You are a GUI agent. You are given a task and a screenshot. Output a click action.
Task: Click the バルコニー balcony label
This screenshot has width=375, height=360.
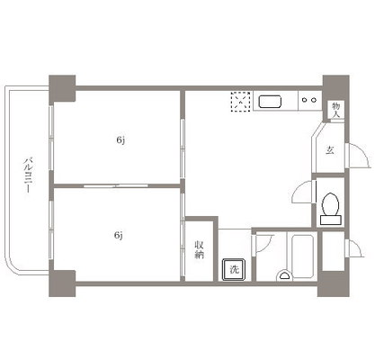point(28,175)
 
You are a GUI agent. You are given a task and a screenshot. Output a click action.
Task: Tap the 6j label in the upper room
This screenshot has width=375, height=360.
point(121,140)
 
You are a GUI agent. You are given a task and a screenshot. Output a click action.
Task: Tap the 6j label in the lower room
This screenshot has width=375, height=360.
point(119,235)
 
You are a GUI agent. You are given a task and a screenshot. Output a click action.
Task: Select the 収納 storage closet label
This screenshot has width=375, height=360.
point(200,249)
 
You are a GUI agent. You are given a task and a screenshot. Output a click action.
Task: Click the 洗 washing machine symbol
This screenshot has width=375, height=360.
point(234,269)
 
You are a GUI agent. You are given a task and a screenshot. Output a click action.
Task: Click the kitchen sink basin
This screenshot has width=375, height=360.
point(270,102)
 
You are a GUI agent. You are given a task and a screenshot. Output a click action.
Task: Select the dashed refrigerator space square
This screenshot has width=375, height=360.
point(240,102)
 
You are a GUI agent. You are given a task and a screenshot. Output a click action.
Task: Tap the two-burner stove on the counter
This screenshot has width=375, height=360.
point(309,100)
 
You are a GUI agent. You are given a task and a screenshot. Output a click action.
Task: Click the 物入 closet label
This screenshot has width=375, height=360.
point(336,110)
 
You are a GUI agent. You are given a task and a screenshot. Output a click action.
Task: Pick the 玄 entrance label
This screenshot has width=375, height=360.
point(330,150)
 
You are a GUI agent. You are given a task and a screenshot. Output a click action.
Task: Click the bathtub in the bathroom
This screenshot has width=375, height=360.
point(302,256)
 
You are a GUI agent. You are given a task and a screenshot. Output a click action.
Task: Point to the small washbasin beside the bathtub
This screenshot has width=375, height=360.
point(283,275)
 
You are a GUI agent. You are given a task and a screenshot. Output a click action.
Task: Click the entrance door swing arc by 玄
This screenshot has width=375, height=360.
point(363,150)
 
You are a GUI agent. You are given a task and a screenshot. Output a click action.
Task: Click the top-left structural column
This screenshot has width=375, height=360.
point(62,88)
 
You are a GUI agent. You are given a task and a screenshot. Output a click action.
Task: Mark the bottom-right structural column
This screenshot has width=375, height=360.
point(334,283)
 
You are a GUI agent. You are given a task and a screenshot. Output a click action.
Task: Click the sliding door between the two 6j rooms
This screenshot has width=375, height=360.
point(116,186)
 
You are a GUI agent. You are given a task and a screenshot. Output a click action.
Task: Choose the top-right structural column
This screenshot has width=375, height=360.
point(335,87)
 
